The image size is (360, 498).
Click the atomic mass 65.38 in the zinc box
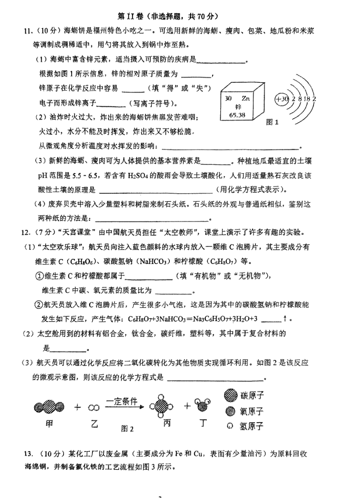(x=238, y=115)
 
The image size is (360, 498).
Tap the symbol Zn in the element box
(x=246, y=98)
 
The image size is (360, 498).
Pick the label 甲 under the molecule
(x=49, y=424)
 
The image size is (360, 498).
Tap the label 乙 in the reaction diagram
(x=94, y=424)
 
